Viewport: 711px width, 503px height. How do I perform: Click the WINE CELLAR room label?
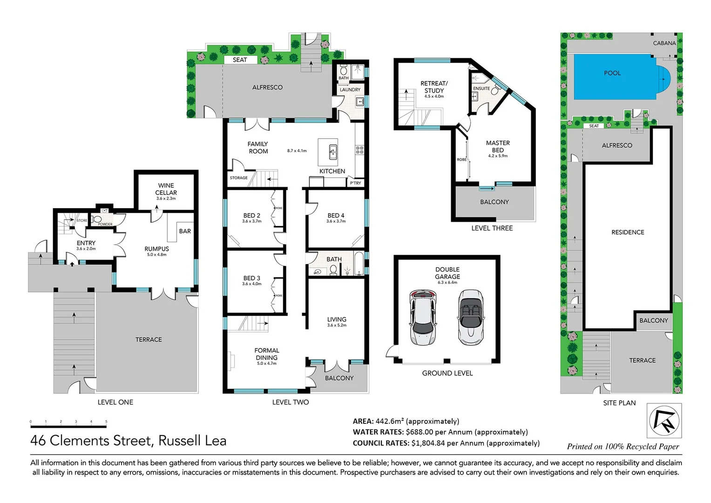point(166,189)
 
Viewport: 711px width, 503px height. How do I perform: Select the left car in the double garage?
point(422,318)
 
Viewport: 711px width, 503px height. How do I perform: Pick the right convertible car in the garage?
point(470,318)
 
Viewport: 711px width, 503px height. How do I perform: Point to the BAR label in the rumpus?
point(185,231)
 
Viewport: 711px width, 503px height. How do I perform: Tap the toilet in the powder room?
point(97,219)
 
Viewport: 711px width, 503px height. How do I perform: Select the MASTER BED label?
point(498,147)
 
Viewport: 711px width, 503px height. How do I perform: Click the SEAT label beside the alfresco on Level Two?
point(239,60)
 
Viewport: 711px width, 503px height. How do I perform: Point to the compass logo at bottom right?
point(664,421)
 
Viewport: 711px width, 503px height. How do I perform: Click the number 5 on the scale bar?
point(106,421)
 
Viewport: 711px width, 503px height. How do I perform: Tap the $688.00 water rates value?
point(419,432)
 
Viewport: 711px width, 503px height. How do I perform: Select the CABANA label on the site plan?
point(664,43)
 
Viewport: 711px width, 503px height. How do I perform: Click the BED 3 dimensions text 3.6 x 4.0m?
point(251,284)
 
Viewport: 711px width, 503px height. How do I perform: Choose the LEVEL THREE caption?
point(492,228)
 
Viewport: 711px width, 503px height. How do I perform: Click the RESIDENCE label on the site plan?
point(628,232)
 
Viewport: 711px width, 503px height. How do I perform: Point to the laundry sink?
point(359,102)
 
